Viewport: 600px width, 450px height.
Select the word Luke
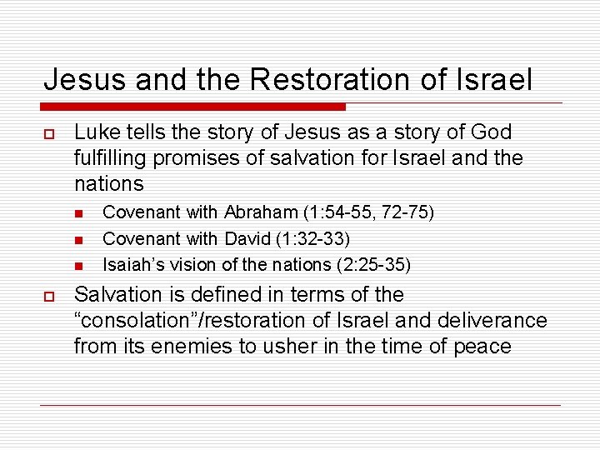[94, 132]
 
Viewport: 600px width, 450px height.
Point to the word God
[491, 132]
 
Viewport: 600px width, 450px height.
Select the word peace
[481, 347]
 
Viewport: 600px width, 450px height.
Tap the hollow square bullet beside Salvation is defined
[49, 296]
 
